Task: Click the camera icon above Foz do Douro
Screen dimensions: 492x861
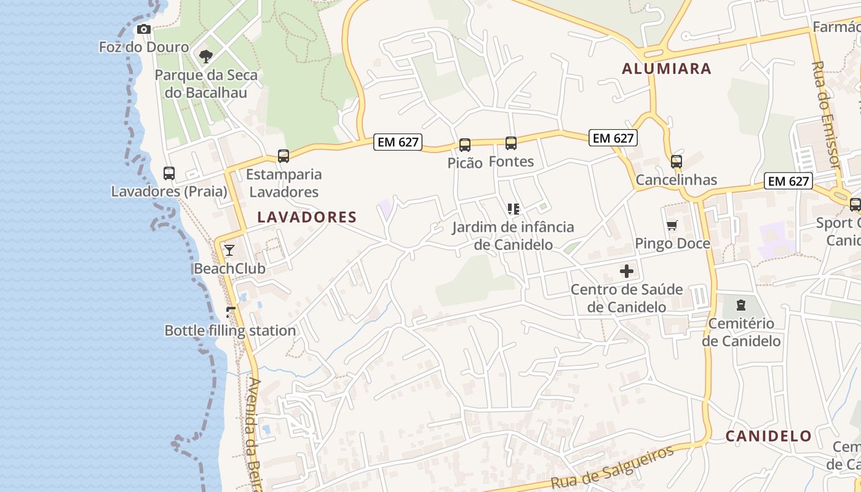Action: point(143,30)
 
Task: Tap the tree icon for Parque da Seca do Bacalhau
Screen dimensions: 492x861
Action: point(205,57)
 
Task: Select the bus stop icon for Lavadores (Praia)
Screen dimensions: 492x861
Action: point(169,173)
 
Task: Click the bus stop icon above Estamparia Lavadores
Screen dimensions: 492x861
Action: point(283,156)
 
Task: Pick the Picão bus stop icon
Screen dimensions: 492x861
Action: point(465,145)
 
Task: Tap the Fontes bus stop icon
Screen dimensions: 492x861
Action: point(511,143)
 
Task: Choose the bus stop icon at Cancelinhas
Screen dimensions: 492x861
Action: point(676,162)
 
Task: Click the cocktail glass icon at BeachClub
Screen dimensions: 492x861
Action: point(229,250)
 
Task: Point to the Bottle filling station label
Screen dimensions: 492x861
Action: point(230,331)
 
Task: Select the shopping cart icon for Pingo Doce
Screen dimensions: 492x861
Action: point(672,226)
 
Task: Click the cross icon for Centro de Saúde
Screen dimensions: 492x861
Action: point(627,271)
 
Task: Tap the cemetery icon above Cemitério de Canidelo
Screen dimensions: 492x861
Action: point(741,305)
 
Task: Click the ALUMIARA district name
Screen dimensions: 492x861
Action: point(667,69)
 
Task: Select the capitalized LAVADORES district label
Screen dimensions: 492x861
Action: point(307,217)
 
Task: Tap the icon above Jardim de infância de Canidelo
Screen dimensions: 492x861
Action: point(514,209)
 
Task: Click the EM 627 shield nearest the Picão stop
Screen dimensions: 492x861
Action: point(398,142)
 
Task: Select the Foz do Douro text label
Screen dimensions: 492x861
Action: point(144,47)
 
